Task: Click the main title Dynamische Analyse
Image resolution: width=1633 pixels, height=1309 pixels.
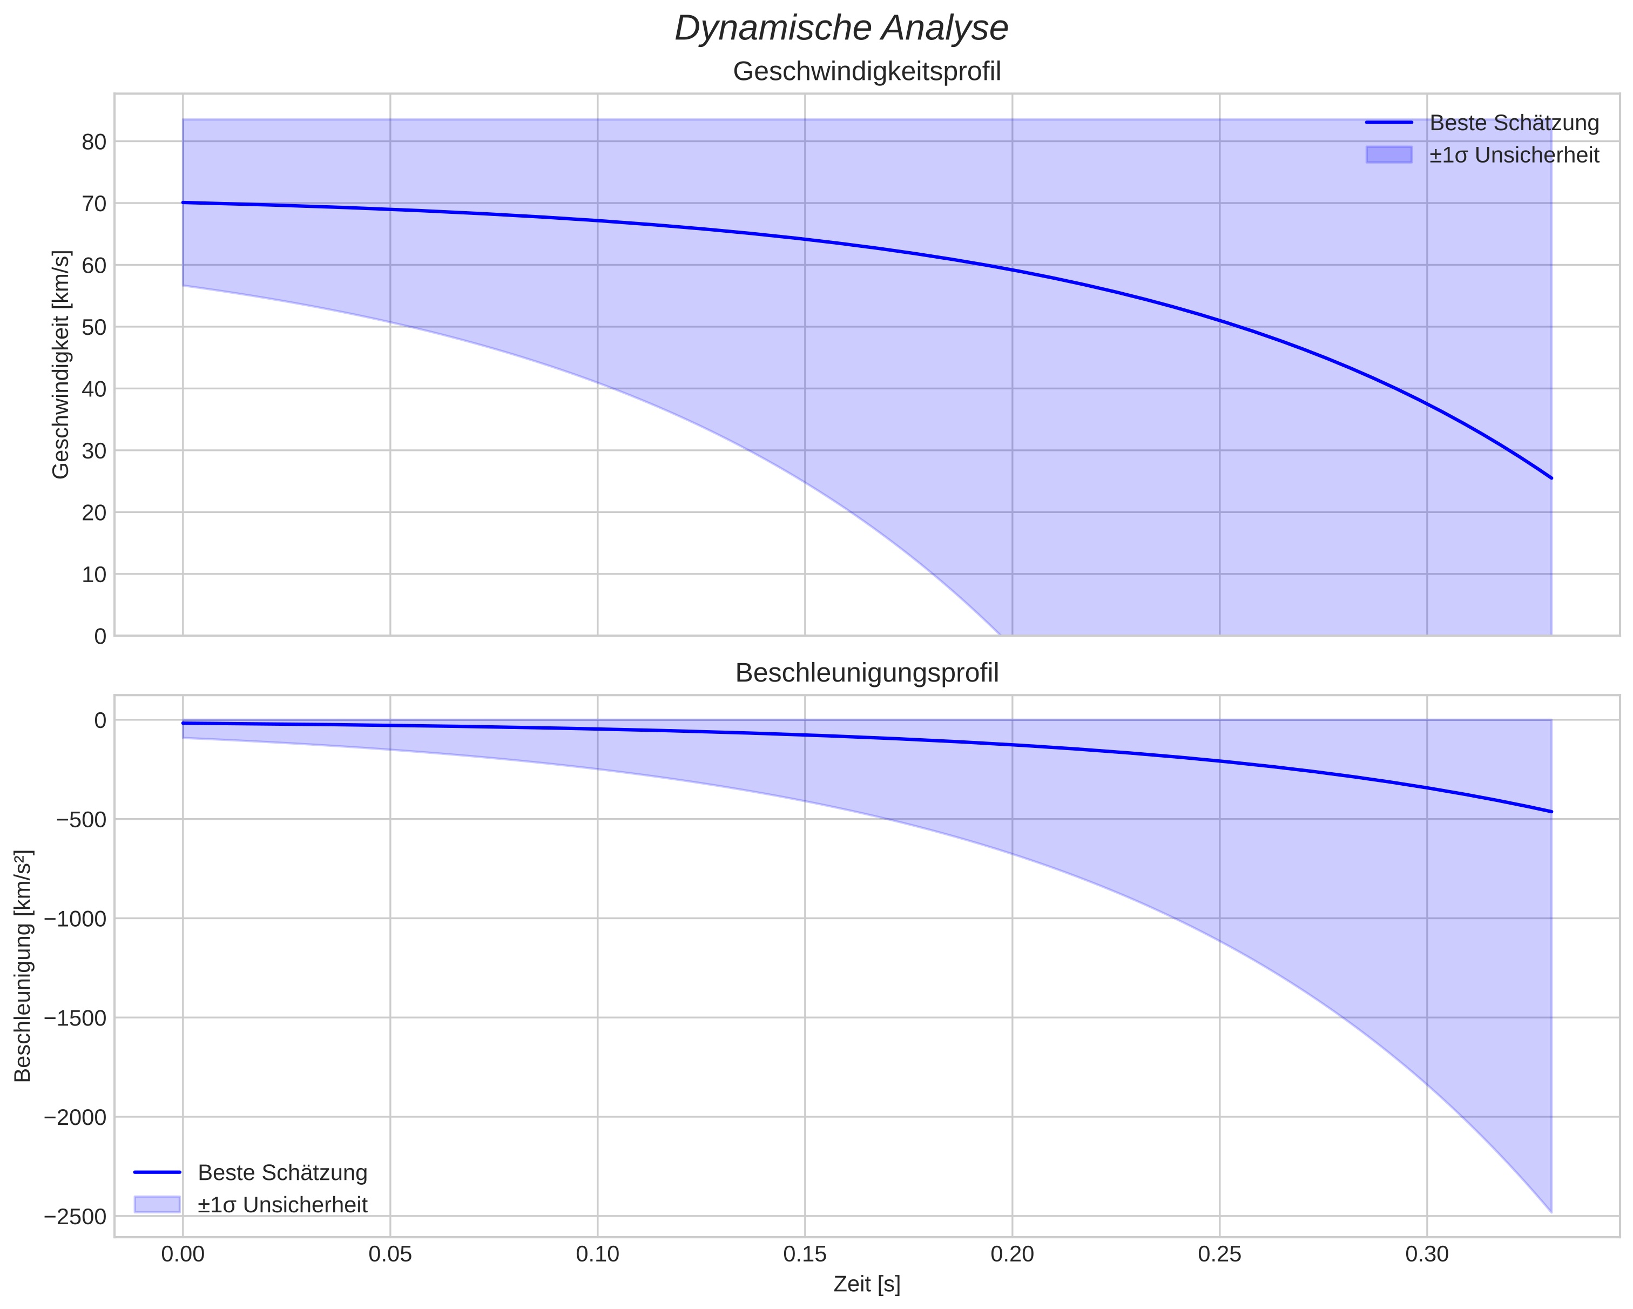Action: point(841,29)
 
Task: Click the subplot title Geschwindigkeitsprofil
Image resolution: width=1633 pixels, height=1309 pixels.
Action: point(867,72)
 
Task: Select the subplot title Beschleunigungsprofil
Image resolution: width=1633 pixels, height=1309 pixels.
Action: point(867,673)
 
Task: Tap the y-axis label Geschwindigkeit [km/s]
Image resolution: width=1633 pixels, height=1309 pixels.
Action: point(60,365)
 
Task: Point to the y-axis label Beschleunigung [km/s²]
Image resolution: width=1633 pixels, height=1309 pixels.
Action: point(23,966)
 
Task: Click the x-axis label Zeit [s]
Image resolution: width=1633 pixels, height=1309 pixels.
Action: point(867,1285)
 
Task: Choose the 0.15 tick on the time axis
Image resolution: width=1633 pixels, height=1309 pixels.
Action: point(805,1254)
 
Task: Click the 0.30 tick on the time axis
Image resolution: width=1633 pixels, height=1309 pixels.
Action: point(1427,1254)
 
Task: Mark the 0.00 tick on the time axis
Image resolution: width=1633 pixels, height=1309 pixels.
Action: point(183,1254)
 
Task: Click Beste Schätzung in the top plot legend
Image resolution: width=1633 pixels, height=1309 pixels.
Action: point(1513,123)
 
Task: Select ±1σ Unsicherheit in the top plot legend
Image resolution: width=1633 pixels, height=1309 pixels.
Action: point(1513,156)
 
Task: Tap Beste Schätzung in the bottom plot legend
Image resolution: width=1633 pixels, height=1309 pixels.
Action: point(282,1173)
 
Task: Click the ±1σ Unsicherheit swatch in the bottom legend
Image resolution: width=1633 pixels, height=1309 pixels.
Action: point(157,1204)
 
